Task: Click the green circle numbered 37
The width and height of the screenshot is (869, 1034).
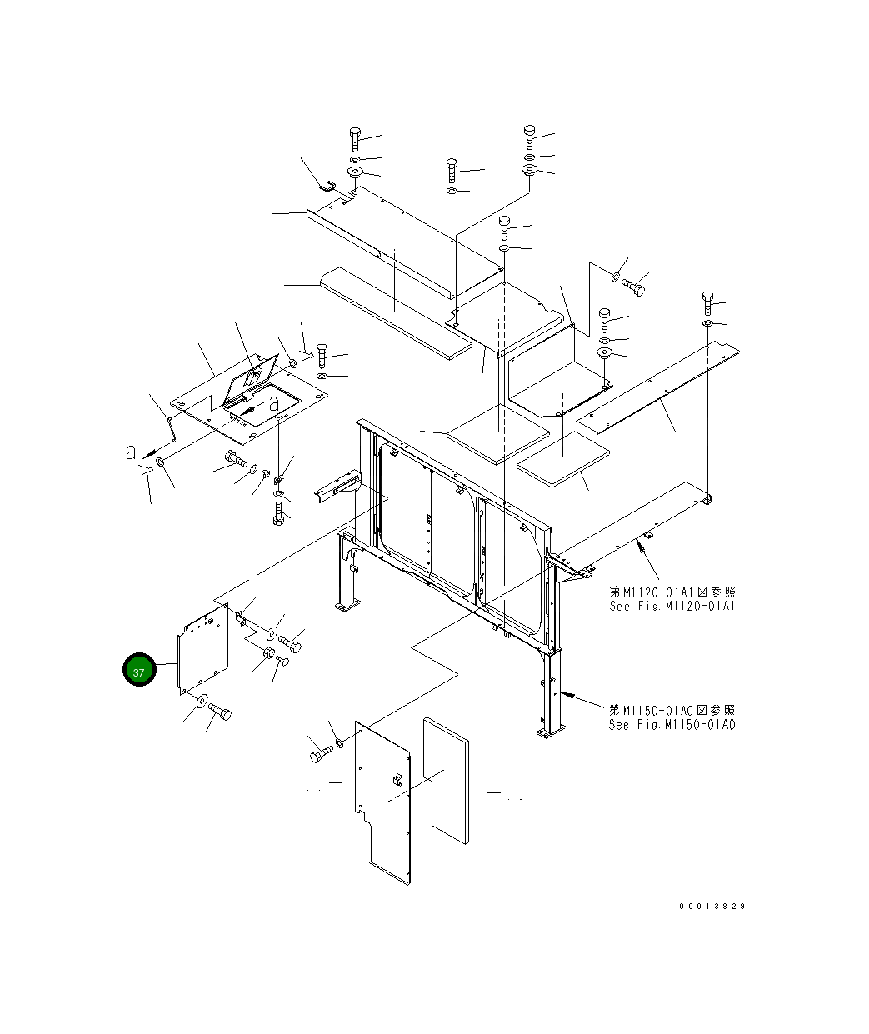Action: (x=139, y=670)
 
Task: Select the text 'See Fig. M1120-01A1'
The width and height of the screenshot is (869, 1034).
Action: (x=672, y=606)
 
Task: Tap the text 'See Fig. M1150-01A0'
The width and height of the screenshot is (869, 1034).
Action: (x=672, y=725)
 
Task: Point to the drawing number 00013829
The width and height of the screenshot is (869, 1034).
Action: (x=712, y=907)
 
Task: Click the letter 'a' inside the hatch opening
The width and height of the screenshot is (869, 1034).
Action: (x=274, y=403)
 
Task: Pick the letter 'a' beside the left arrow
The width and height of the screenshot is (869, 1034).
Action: (x=131, y=452)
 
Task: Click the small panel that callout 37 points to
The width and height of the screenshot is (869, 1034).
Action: (x=203, y=649)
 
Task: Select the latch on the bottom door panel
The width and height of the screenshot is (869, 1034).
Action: (x=397, y=780)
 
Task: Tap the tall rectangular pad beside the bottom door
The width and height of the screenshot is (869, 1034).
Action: (x=446, y=781)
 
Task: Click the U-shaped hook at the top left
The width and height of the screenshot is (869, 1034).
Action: (x=327, y=186)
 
